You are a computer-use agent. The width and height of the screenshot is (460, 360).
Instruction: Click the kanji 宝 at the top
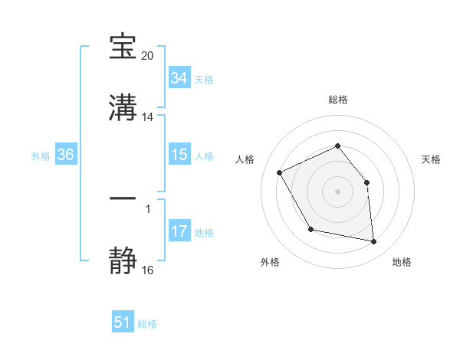tap(123, 47)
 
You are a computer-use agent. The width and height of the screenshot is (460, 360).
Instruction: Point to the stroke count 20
tap(148, 57)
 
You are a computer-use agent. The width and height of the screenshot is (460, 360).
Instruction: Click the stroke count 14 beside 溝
tap(148, 117)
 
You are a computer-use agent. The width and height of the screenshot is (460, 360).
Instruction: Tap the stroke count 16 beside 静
tap(148, 270)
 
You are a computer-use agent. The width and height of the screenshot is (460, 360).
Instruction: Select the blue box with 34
tap(179, 78)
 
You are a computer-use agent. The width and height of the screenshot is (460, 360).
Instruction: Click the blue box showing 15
tap(179, 155)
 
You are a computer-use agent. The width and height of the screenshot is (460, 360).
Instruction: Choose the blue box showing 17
tap(179, 231)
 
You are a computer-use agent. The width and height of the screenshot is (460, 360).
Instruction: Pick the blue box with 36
tap(66, 155)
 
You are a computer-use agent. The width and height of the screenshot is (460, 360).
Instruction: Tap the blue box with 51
tap(123, 322)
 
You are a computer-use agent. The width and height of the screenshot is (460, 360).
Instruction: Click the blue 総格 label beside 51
tap(147, 324)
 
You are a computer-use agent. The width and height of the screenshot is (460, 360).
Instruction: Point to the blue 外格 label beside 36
tap(41, 155)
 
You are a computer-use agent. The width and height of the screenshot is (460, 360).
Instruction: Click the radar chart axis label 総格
tap(338, 100)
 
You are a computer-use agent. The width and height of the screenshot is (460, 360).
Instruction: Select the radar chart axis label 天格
tap(432, 159)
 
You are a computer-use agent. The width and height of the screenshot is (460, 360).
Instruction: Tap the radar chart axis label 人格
tap(245, 159)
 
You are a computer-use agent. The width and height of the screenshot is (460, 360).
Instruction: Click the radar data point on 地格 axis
tap(374, 242)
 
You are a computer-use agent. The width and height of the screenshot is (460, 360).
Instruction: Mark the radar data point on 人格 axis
tap(280, 172)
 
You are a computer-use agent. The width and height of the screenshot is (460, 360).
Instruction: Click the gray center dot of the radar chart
tap(338, 191)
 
